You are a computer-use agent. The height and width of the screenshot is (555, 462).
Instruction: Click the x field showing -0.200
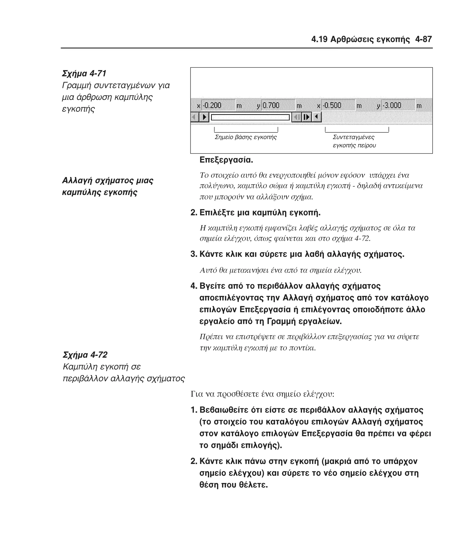click(218, 105)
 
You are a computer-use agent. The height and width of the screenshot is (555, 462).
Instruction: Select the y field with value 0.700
click(278, 105)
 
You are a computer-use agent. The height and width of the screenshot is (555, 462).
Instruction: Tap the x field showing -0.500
click(338, 105)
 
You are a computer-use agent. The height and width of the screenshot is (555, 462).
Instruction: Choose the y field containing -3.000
click(398, 105)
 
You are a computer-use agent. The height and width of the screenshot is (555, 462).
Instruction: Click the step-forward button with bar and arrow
click(307, 117)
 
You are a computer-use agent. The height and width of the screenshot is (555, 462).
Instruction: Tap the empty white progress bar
click(250, 117)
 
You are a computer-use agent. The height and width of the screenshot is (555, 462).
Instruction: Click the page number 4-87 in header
click(423, 39)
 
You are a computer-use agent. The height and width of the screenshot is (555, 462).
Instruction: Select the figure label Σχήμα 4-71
click(84, 73)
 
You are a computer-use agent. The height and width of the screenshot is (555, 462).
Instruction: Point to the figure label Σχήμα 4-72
click(85, 355)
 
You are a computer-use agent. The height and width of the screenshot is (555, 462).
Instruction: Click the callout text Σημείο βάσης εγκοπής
click(245, 137)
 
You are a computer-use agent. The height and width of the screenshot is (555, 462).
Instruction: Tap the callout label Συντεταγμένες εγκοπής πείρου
click(354, 141)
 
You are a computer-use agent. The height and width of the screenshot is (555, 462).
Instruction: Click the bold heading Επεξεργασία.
click(226, 160)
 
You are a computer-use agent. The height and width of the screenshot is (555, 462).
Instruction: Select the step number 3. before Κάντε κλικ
click(194, 254)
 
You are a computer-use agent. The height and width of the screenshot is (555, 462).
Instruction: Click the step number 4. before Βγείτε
click(194, 286)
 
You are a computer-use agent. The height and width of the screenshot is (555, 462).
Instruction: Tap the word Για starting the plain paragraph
click(197, 394)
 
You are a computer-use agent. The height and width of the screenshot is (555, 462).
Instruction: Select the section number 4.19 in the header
click(319, 39)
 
